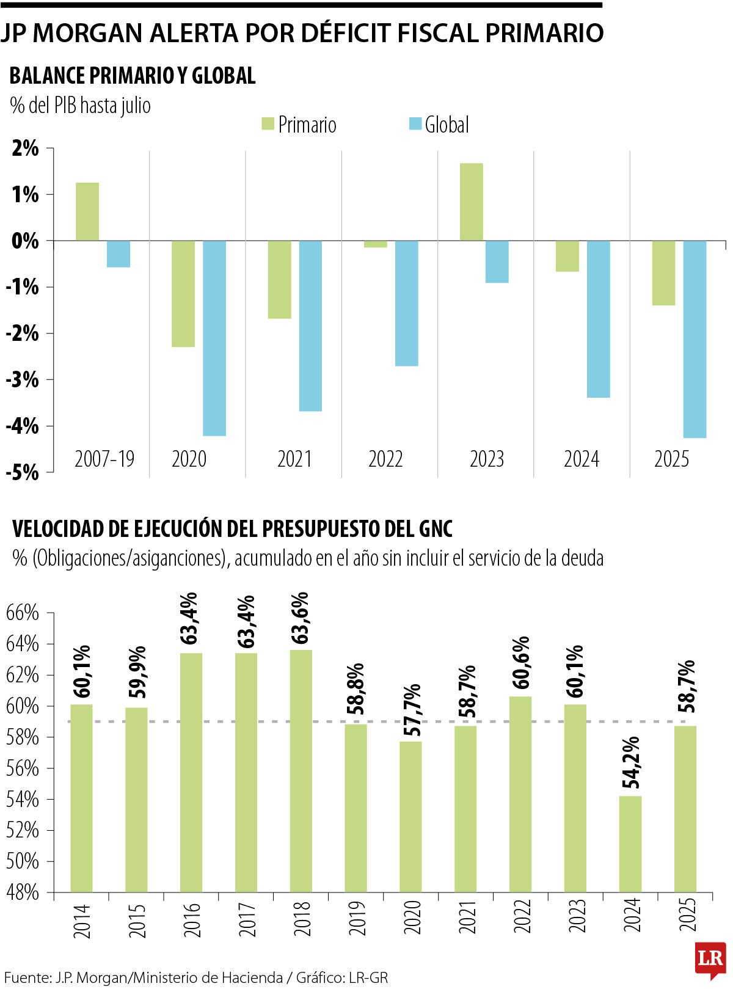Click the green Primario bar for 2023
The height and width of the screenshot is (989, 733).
(x=471, y=202)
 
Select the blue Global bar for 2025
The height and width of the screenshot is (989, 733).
(x=695, y=339)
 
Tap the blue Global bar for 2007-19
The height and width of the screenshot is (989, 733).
(x=119, y=254)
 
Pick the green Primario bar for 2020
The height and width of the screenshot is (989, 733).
(x=183, y=294)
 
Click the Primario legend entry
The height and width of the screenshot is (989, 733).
(x=299, y=125)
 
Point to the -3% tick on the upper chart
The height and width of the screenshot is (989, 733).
(x=23, y=380)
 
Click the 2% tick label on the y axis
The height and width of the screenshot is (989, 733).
(x=24, y=148)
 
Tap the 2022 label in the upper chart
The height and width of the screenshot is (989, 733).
(x=385, y=459)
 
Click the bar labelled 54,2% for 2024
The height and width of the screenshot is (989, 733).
(x=630, y=843)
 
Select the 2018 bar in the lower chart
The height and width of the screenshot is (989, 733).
(x=301, y=770)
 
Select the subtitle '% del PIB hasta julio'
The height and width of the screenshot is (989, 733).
(x=80, y=105)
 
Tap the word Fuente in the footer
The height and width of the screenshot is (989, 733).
(x=24, y=977)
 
